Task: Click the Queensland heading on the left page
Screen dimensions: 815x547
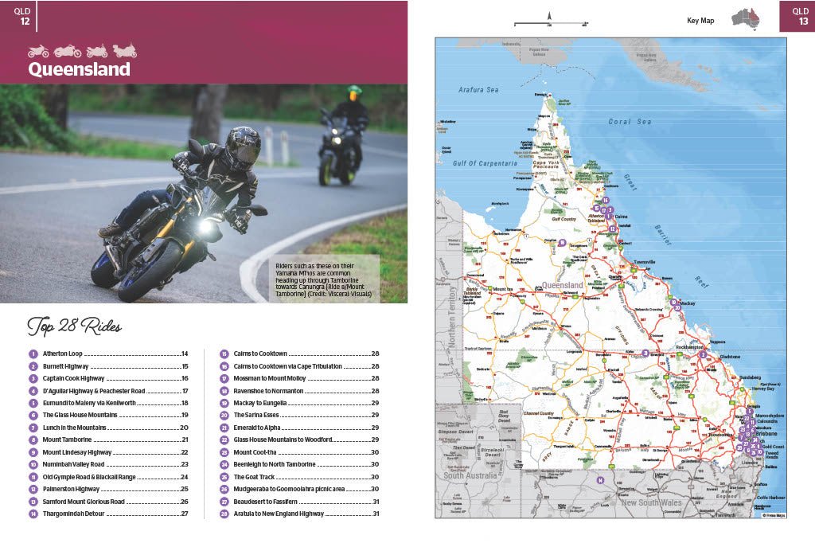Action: click(x=80, y=69)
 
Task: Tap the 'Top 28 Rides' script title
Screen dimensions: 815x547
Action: click(x=74, y=326)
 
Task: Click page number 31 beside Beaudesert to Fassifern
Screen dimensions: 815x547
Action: click(x=376, y=502)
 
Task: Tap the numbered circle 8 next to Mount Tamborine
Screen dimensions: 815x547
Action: click(x=33, y=440)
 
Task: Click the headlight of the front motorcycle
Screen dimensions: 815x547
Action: click(x=206, y=227)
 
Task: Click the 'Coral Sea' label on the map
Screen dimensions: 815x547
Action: click(x=630, y=122)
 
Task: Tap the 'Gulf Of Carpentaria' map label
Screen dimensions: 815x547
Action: click(x=488, y=163)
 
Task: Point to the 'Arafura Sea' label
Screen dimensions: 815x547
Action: click(x=478, y=90)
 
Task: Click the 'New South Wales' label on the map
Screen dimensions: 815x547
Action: click(x=652, y=502)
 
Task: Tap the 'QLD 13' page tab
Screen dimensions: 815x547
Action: click(x=798, y=16)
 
